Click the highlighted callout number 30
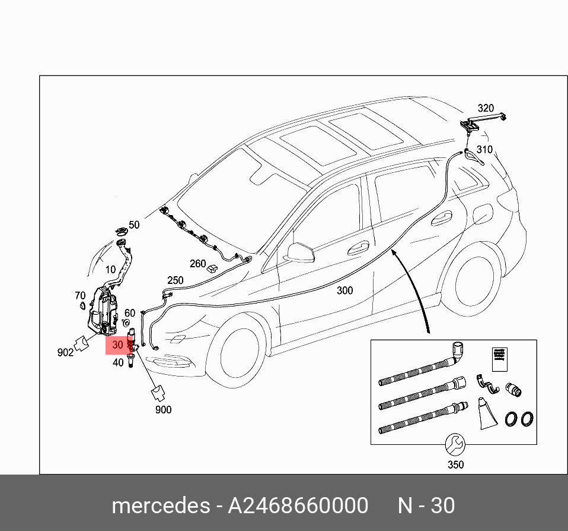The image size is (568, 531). [x=117, y=344]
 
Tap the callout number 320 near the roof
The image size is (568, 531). [x=485, y=108]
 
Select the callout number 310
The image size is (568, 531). [x=484, y=149]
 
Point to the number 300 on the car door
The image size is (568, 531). [x=344, y=290]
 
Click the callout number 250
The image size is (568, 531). [x=175, y=280]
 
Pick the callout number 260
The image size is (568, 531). [x=197, y=264]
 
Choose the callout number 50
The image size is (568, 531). [x=134, y=225]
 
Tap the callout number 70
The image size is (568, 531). [x=80, y=295]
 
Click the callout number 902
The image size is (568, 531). [x=65, y=352]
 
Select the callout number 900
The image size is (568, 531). [x=163, y=410]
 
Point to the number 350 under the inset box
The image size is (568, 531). [x=455, y=464]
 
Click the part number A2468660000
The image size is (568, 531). [x=298, y=505]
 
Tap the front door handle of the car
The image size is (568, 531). [x=357, y=250]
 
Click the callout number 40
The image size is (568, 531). [x=118, y=362]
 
